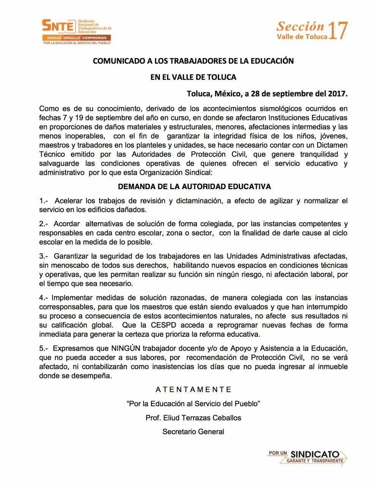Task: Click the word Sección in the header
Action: (300, 26)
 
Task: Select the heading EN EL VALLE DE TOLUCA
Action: (193, 77)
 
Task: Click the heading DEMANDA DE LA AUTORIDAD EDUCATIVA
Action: (194, 186)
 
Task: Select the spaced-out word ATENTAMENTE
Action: (194, 389)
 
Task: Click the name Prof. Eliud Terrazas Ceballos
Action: (193, 418)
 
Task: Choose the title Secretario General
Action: (193, 432)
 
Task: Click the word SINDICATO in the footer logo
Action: (315, 454)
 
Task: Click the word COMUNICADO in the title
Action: (118, 61)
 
